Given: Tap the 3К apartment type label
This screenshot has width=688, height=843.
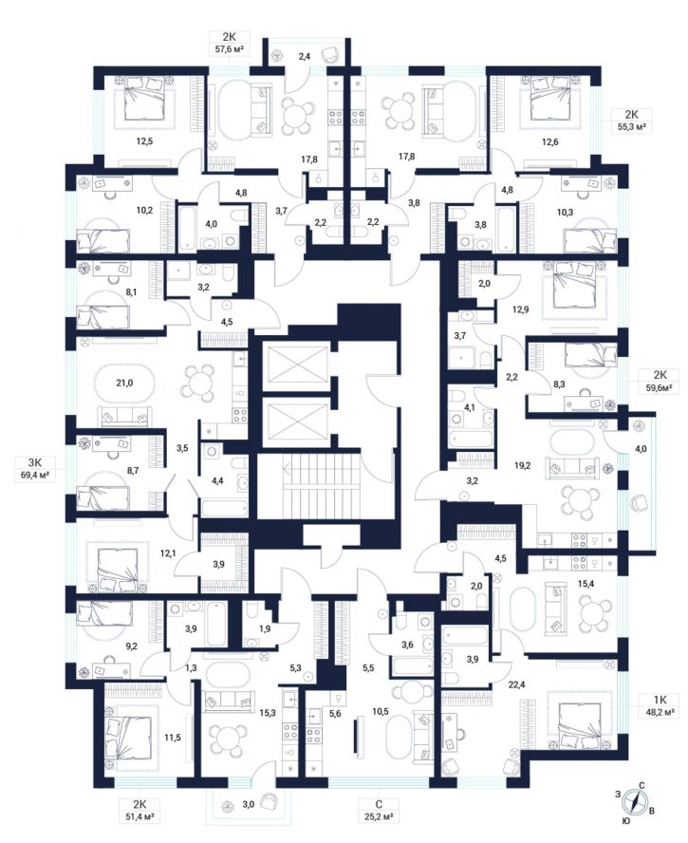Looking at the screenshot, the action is point(34,461).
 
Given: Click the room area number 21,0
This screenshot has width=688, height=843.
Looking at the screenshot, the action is point(124,384).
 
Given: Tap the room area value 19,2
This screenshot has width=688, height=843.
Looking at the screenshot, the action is point(522,465).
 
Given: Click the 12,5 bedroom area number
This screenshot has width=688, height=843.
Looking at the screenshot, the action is point(144,142).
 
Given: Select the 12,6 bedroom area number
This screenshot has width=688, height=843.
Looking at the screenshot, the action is point(549,142).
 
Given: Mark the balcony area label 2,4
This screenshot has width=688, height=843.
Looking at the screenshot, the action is point(305,56).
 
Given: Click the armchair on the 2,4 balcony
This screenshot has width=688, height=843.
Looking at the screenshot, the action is point(330,54).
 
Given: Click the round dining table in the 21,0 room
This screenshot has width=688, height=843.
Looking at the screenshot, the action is point(198,384).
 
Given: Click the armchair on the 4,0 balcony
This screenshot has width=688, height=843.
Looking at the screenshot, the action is point(639,503).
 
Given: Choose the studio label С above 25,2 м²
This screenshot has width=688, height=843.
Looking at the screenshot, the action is point(379,804).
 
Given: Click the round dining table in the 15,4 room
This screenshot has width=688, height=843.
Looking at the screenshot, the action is point(589,613).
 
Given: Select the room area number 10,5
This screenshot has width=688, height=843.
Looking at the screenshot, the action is point(380,711).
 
